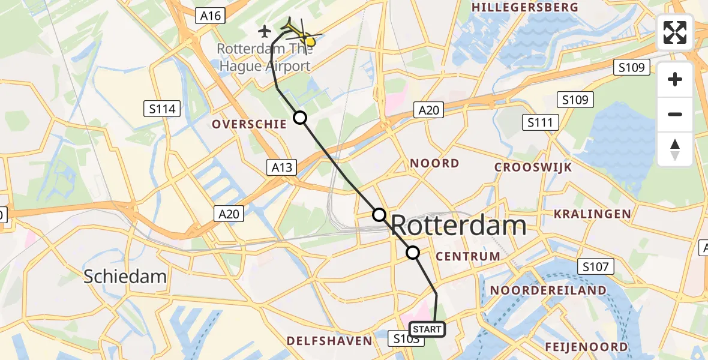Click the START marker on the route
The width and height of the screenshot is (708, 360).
coord(427,329)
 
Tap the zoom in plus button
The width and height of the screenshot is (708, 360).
coord(675,80)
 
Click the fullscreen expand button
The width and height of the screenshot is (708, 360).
coord(675,32)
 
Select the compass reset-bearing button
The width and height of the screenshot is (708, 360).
coord(675,149)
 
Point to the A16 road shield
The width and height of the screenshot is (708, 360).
coord(211,16)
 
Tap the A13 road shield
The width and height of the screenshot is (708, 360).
coord(281,167)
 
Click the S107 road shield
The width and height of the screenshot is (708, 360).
coord(595,266)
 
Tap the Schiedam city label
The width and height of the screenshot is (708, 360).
coord(125,277)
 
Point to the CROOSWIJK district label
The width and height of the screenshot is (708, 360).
coord(533,167)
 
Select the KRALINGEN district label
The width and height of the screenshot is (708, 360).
coord(592,214)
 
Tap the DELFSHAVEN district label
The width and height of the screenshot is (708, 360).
coord(329,341)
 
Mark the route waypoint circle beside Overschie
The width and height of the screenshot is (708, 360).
coord(299,118)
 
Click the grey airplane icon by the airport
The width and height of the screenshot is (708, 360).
coord(265,30)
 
